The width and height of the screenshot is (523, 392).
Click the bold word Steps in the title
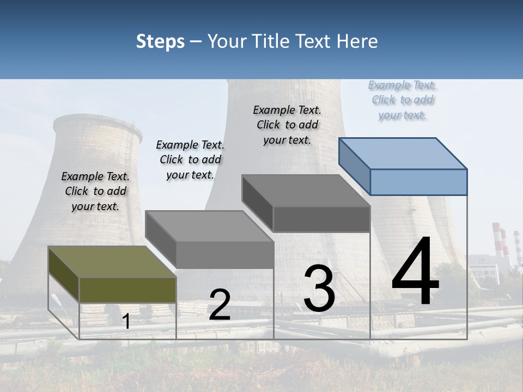coord(160,41)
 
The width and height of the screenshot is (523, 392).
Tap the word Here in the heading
coord(357,41)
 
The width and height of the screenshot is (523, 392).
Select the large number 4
coord(415,273)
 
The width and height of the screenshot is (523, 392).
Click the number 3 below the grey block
coord(319,289)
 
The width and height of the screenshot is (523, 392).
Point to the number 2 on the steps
coord(220,305)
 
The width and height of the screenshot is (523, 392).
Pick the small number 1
coord(126,322)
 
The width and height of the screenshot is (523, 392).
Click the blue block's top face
coord(402,153)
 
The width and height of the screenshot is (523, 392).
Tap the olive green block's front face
coord(128,290)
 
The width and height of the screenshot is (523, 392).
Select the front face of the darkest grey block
coord(321,219)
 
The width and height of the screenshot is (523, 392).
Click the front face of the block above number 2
coord(224,255)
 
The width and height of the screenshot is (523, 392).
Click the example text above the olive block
coord(95,191)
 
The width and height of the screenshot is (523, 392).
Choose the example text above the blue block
coord(403,100)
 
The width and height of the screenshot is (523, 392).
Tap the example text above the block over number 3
coord(287,125)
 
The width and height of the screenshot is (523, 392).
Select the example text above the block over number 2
coord(190,160)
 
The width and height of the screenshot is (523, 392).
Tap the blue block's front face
coord(418,182)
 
